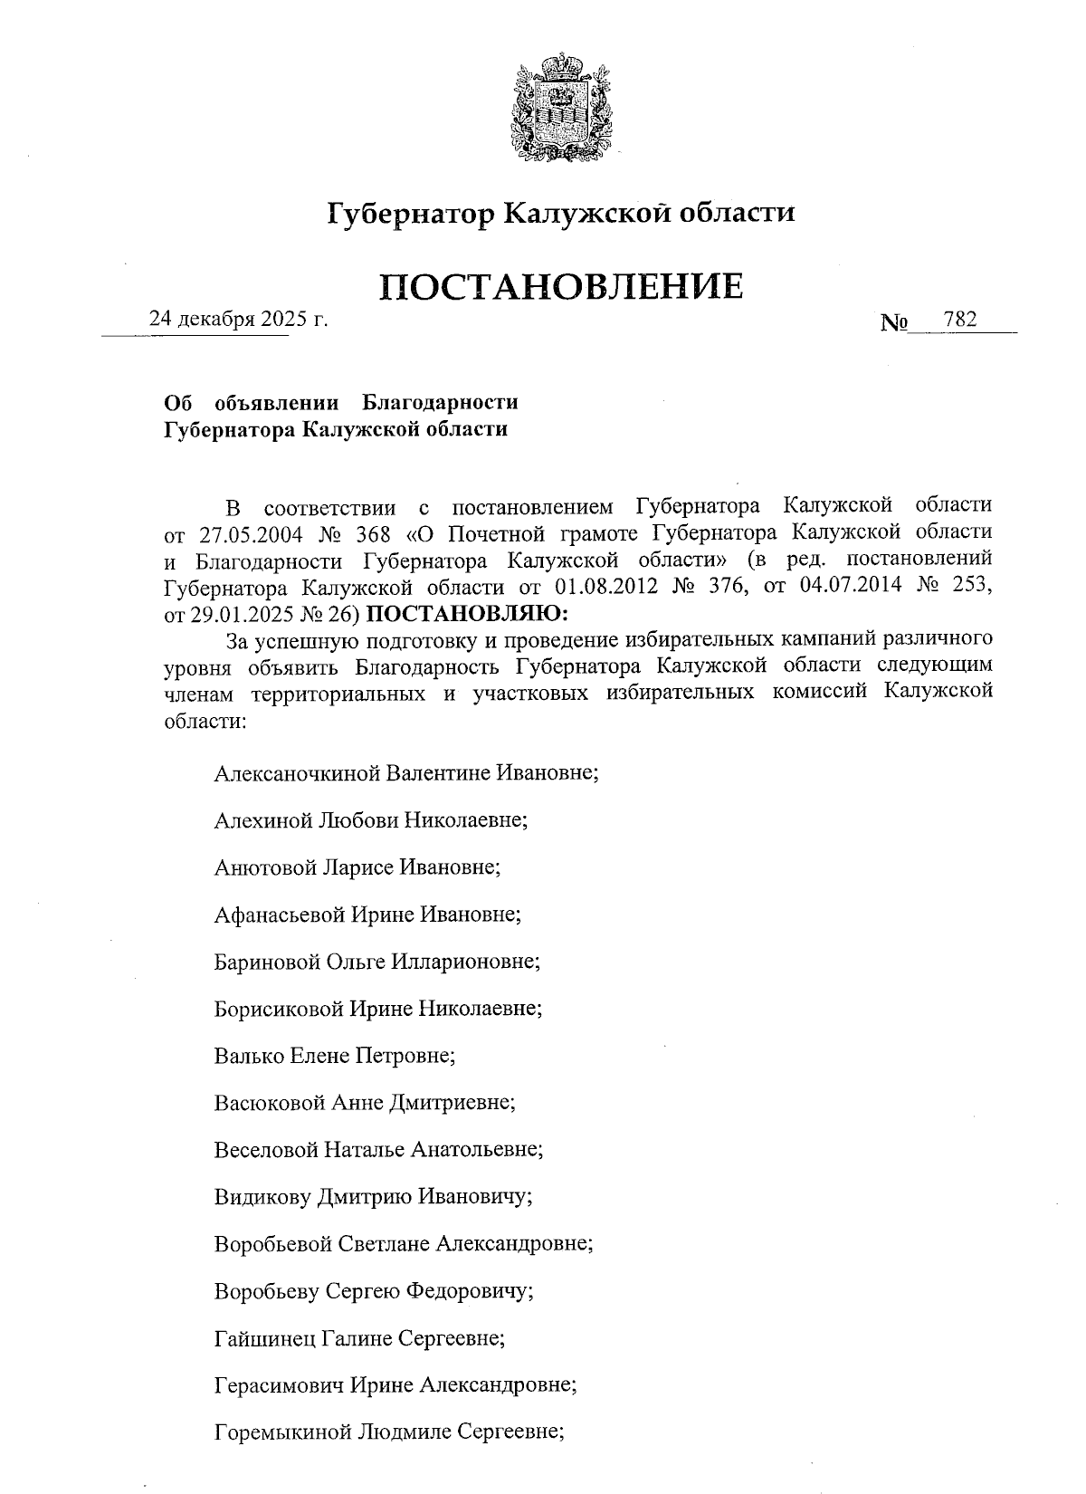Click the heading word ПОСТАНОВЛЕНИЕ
pos(562,286)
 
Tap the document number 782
pos(959,320)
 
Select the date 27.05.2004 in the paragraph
pos(250,532)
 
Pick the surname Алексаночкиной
pos(298,774)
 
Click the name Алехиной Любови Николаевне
pos(371,821)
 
